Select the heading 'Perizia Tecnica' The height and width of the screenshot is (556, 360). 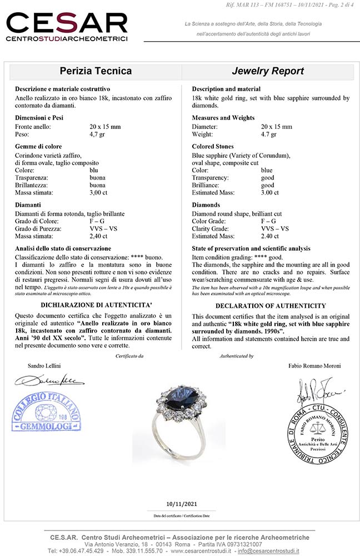[96, 71]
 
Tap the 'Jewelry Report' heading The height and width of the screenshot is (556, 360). [267, 71]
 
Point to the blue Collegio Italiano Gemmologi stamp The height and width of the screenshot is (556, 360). [46, 414]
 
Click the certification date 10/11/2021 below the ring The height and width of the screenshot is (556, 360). [182, 504]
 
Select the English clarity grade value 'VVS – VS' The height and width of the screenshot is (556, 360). [275, 229]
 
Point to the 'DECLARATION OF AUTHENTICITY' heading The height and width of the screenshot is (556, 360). [270, 306]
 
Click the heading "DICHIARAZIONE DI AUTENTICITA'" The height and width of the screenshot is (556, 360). [93, 305]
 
